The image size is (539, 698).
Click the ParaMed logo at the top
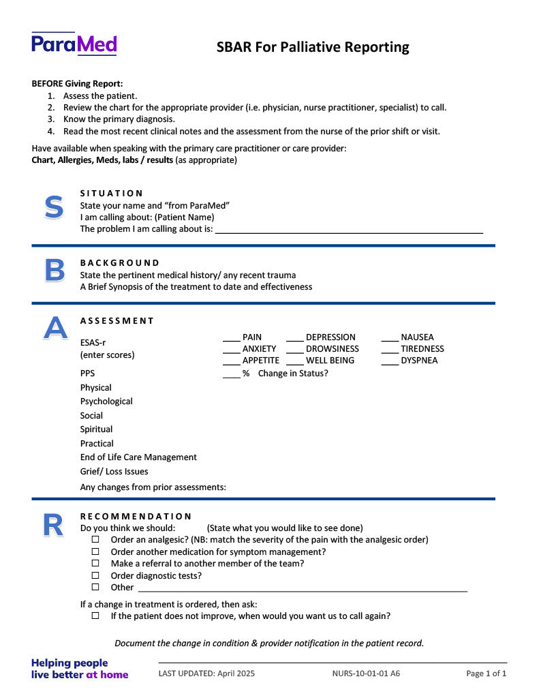(74, 44)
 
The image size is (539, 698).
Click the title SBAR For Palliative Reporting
(313, 47)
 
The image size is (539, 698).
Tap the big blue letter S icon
(54, 207)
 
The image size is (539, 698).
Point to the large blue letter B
(55, 271)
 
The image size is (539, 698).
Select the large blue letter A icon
(55, 328)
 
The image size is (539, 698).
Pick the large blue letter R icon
(53, 525)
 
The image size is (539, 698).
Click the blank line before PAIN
(232, 338)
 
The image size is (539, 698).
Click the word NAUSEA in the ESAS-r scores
(417, 337)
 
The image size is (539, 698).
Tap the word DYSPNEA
(419, 361)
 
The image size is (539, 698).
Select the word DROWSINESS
(332, 349)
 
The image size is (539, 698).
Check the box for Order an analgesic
(95, 540)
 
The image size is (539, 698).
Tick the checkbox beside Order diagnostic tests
(95, 575)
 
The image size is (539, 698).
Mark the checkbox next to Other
(95, 587)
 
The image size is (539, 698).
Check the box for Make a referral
(95, 564)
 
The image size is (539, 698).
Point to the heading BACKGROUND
(120, 262)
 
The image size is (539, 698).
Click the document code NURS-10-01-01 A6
(366, 673)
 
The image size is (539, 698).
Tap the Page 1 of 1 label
(486, 673)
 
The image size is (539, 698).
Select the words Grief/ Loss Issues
(114, 472)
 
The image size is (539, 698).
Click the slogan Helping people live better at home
(80, 669)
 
